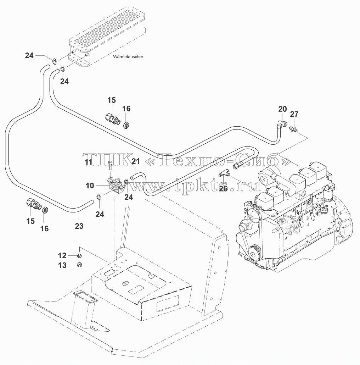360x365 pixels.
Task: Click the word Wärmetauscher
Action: coord(128,56)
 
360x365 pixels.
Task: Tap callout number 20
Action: coord(282,109)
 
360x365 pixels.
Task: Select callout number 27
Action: coord(294,114)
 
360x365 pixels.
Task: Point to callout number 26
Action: coord(223,189)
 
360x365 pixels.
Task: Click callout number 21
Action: coord(136,161)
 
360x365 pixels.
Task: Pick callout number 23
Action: coord(79,226)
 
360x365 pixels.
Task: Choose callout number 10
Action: coord(90,186)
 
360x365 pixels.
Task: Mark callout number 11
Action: coord(89,162)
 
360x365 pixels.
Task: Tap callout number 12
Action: coord(62,256)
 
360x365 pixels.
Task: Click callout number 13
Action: coord(62,265)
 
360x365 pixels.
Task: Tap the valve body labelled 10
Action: coord(116,185)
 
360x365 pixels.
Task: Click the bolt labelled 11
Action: coord(111,166)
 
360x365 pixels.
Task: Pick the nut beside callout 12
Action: coord(79,256)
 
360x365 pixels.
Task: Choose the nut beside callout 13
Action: coord(79,265)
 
